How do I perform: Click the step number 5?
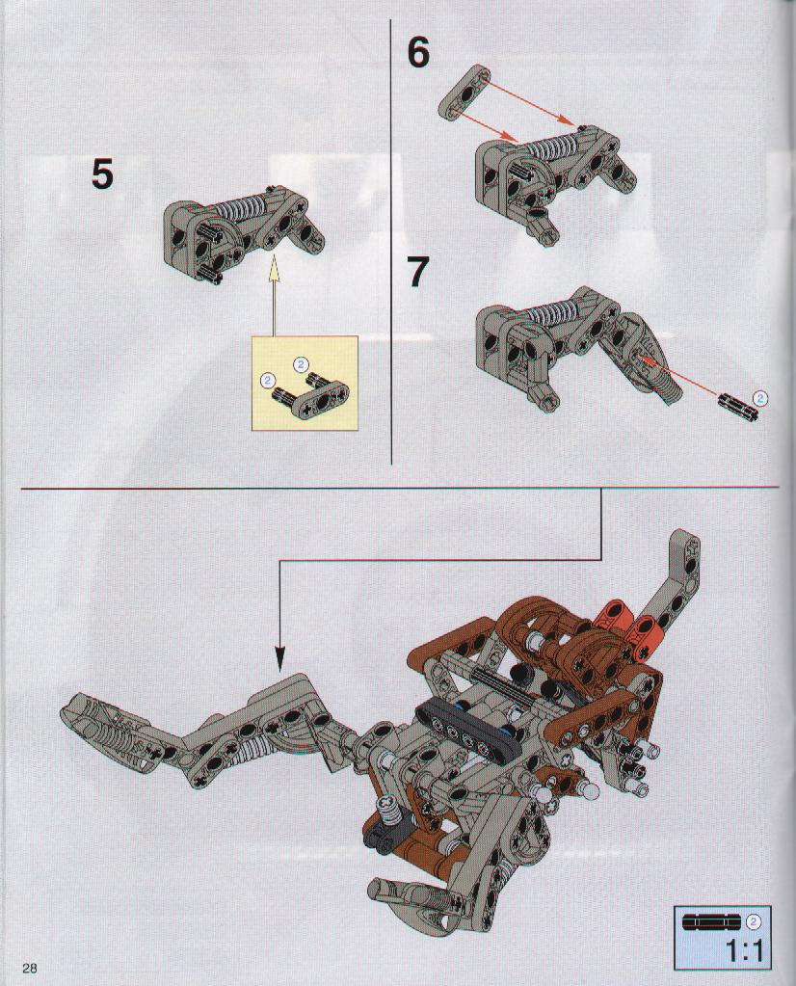[102, 173]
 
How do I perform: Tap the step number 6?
[418, 52]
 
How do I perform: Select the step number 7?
[418, 272]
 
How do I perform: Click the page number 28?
[30, 967]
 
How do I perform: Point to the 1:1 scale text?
[746, 950]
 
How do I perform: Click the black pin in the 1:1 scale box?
[712, 921]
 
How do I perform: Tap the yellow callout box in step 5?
[305, 383]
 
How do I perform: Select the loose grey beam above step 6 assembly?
[464, 93]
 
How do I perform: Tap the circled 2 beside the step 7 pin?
[760, 397]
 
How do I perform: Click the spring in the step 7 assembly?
[554, 312]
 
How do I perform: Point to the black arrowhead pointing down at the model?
[279, 659]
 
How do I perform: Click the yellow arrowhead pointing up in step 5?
[274, 269]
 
